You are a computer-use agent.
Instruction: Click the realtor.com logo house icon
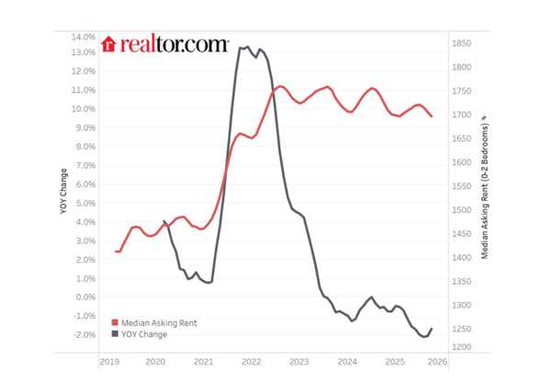pos(108,43)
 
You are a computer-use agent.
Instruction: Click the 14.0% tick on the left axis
pos(83,38)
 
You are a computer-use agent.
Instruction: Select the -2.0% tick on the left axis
pos(83,335)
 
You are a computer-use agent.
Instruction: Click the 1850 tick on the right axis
pos(461,43)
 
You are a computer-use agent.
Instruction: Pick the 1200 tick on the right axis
pos(461,346)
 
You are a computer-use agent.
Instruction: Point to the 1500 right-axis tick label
pos(461,210)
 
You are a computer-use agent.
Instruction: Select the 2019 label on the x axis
pos(109,363)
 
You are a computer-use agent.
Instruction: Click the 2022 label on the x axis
pos(252,363)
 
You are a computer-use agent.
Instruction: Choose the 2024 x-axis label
pos(347,363)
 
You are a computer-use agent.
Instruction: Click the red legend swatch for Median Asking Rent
pos(115,323)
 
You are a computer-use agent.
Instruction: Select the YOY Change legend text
pos(144,334)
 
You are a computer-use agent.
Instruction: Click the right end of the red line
pos(432,117)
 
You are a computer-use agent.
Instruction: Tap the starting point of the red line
pos(116,252)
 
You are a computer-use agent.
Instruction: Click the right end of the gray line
pos(432,329)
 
